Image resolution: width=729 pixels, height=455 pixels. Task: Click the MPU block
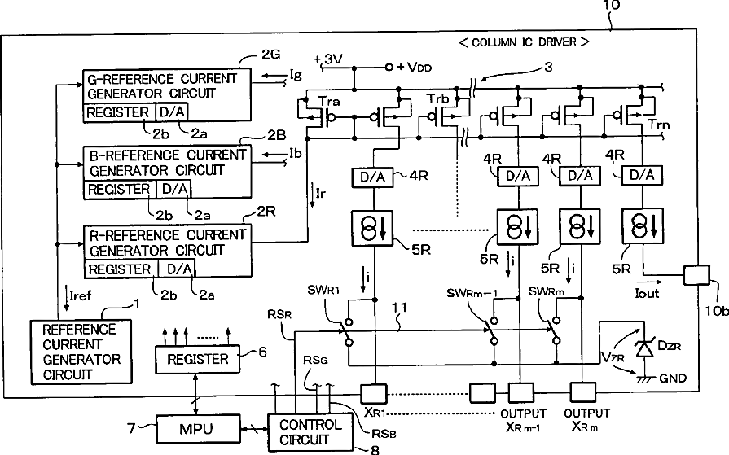[x=197, y=428]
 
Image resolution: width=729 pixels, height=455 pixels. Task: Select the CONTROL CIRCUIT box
[x=310, y=431]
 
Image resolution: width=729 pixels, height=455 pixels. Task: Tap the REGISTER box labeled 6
[x=198, y=359]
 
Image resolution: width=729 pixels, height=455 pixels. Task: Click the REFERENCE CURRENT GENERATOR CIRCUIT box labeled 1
[x=81, y=352]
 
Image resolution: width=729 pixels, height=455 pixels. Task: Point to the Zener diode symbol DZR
[x=644, y=348]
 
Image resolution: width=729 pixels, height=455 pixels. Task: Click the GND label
[x=673, y=378]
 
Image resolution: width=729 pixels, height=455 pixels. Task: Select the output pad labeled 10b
[x=696, y=274]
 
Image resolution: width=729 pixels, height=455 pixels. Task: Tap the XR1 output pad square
[x=374, y=393]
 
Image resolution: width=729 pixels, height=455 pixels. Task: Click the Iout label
[x=648, y=293]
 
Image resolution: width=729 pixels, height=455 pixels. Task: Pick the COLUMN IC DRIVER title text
[x=524, y=42]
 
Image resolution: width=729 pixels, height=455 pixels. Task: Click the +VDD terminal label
[x=415, y=68]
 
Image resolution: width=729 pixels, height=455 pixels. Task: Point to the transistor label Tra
[x=329, y=101]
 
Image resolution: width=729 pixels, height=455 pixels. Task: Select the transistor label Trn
[x=659, y=124]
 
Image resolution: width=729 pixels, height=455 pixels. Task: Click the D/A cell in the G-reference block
[x=173, y=112]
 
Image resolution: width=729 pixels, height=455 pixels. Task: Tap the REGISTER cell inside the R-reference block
[x=120, y=269]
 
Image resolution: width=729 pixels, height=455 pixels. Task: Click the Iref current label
[x=81, y=295]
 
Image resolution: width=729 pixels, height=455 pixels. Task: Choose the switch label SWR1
[x=323, y=291]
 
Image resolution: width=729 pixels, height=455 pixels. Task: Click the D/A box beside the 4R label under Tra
[x=373, y=177]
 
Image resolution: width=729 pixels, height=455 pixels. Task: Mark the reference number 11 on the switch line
[x=399, y=307]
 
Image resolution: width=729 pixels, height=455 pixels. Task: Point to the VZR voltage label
[x=613, y=357]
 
